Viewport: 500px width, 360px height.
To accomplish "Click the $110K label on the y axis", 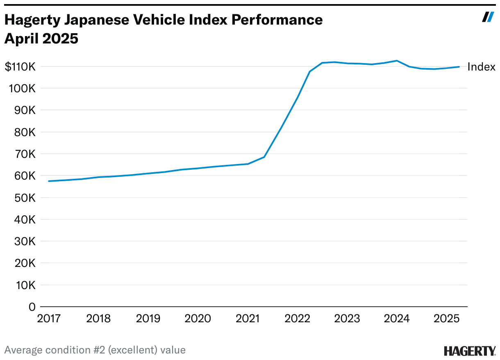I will click(20, 67).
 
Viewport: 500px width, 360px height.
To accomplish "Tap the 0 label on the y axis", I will click(32, 307).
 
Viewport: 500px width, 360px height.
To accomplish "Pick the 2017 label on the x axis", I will click(49, 319).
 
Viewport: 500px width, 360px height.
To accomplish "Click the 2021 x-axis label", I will click(247, 319).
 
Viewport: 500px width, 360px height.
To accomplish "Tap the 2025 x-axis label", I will click(446, 319).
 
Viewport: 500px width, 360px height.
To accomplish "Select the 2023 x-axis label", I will click(347, 319).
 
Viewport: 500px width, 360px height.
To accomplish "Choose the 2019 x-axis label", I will click(148, 319).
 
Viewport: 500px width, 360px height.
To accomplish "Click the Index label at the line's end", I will click(481, 67).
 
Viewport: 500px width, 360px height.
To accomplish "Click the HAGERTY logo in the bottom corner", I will click(470, 351).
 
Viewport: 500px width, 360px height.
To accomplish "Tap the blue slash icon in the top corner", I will click(488, 17).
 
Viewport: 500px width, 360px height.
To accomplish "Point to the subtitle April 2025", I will click(41, 39).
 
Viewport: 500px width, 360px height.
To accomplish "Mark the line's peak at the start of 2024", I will click(396, 61).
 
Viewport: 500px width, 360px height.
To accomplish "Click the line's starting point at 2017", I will click(49, 181).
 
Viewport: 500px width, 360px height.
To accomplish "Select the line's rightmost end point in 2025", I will click(459, 66).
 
